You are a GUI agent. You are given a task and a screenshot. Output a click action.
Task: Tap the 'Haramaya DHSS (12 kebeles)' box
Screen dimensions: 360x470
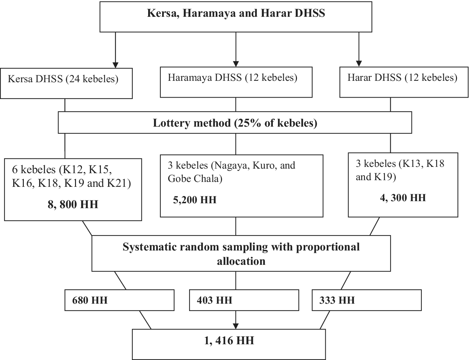pyautogui.click(x=236, y=82)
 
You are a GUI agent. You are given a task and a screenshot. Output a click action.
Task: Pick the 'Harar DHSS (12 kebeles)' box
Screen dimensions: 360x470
pyautogui.click(x=403, y=82)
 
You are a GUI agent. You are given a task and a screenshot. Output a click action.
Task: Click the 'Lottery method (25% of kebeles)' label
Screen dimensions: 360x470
pyautogui.click(x=235, y=123)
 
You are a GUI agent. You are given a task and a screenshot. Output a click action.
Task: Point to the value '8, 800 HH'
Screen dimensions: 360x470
pyautogui.click(x=73, y=204)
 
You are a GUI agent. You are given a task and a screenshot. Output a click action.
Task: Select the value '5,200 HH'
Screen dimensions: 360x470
pyautogui.click(x=195, y=200)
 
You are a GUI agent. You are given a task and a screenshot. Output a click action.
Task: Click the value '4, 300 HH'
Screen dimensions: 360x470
pyautogui.click(x=403, y=198)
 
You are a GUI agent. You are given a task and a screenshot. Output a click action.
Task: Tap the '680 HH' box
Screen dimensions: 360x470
pyautogui.click(x=119, y=300)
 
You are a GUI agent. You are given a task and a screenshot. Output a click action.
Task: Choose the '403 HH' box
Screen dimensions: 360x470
pyautogui.click(x=244, y=300)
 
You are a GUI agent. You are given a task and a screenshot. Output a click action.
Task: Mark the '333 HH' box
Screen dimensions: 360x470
pyautogui.click(x=366, y=300)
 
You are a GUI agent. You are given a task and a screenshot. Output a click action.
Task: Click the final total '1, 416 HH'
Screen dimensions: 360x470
pyautogui.click(x=229, y=340)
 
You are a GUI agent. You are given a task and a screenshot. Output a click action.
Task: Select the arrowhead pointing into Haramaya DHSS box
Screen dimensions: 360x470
pyautogui.click(x=236, y=64)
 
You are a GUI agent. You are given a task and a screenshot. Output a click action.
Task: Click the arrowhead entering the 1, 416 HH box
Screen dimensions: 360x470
pyautogui.click(x=236, y=326)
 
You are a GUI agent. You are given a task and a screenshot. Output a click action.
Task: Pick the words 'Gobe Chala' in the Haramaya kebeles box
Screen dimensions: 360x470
pyautogui.click(x=195, y=179)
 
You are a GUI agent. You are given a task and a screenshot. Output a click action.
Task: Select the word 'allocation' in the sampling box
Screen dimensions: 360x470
pyautogui.click(x=241, y=261)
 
